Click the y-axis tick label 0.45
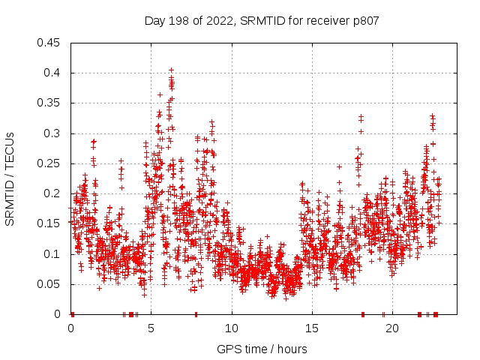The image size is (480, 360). tap(51, 43)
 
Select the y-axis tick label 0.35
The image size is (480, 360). tap(51, 103)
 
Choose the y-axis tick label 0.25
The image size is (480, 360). tap(51, 163)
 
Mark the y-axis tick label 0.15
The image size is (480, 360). tap(51, 223)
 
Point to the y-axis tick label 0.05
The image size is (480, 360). tap(51, 284)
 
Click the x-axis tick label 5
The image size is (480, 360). tap(151, 329)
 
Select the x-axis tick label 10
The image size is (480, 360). tap(232, 329)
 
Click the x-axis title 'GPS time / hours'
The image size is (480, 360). tap(262, 349)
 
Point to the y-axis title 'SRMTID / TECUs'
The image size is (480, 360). tap(10, 178)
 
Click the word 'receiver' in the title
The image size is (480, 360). tap(330, 20)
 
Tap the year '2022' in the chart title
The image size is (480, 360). tap(216, 20)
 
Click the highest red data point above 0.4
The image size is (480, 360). tap(171, 70)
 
